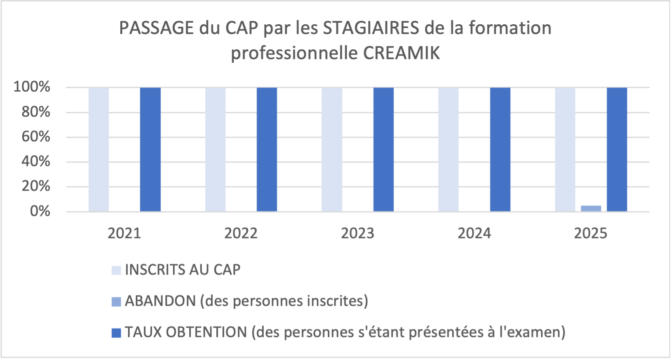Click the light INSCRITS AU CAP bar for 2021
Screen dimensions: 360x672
pyautogui.click(x=98, y=149)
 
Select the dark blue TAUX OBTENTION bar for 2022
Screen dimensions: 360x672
pyautogui.click(x=267, y=149)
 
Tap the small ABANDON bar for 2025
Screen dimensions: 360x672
pyautogui.click(x=591, y=209)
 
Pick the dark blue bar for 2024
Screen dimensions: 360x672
pyautogui.click(x=500, y=149)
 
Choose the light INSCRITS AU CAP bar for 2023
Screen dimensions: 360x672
pyautogui.click(x=332, y=149)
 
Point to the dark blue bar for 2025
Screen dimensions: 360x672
pyautogui.click(x=617, y=149)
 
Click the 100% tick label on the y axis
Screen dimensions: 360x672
pyautogui.click(x=32, y=87)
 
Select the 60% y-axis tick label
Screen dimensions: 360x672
pyautogui.click(x=36, y=136)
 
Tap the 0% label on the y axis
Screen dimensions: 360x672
pyautogui.click(x=40, y=211)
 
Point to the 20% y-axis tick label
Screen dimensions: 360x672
pyautogui.click(x=36, y=186)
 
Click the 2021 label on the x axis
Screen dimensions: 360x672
pyautogui.click(x=124, y=233)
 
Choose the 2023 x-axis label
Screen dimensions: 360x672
pyautogui.click(x=358, y=233)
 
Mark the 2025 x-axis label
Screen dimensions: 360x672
pyautogui.click(x=591, y=233)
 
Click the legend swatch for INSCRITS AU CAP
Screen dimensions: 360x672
pyautogui.click(x=116, y=271)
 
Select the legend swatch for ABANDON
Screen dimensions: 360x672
pyautogui.click(x=116, y=302)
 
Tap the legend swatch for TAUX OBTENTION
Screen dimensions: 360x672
pyautogui.click(x=116, y=333)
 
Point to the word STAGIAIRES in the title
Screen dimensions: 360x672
pyautogui.click(x=371, y=28)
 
